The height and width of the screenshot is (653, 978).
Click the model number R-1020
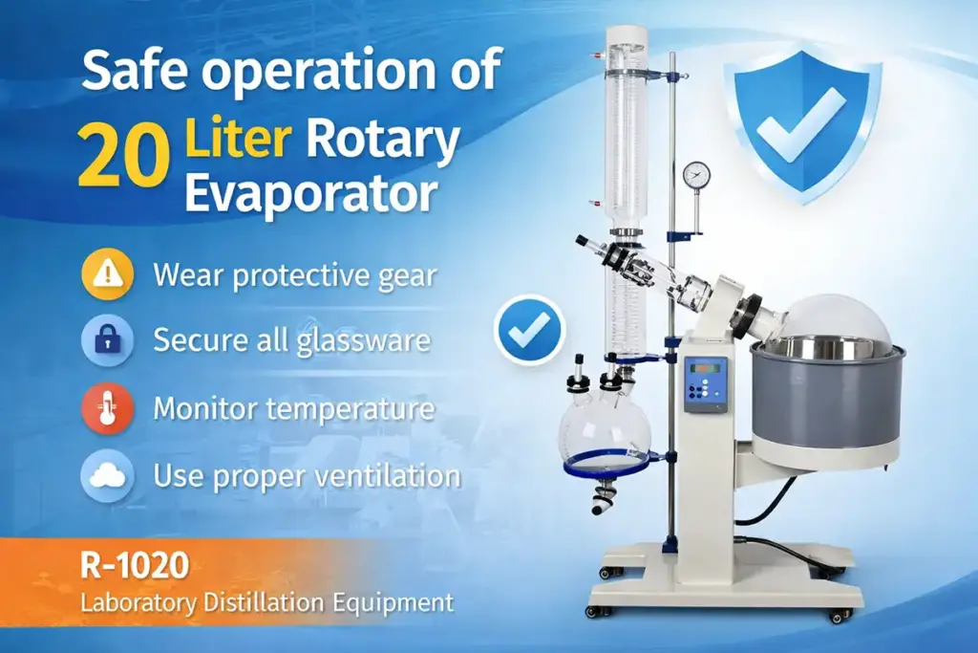click(136, 568)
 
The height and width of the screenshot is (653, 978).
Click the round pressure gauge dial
click(696, 175)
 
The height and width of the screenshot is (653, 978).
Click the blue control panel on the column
click(705, 382)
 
